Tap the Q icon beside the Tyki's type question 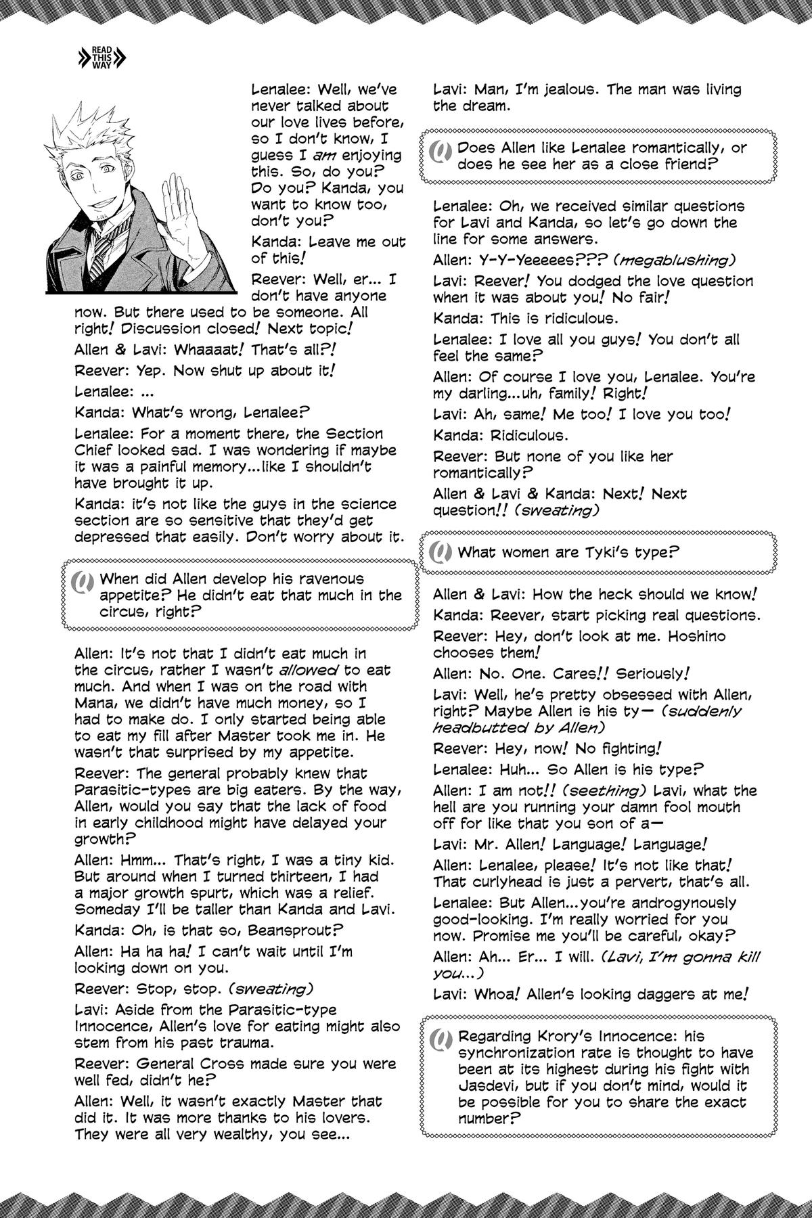(441, 553)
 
